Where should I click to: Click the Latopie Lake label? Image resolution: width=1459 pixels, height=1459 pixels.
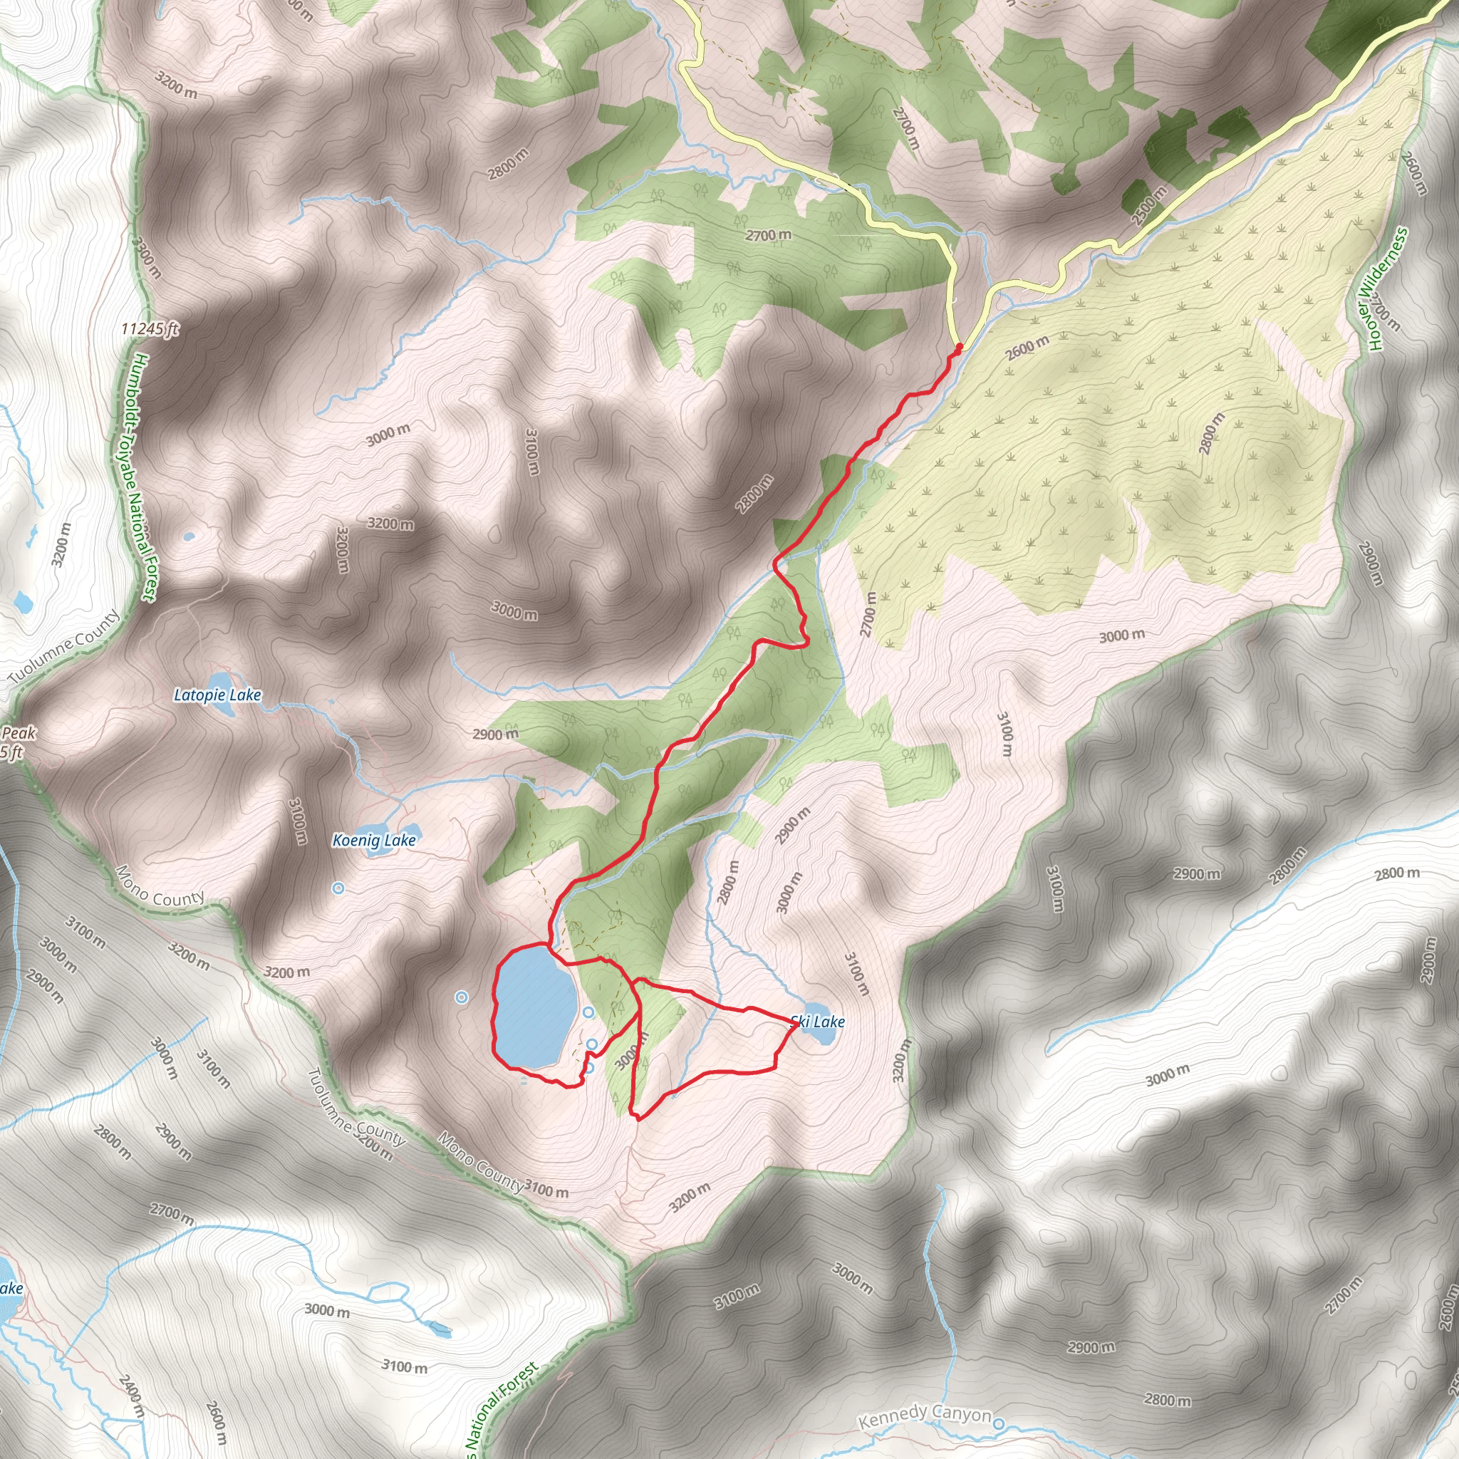(217, 695)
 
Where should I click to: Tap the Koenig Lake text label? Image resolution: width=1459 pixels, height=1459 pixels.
(374, 841)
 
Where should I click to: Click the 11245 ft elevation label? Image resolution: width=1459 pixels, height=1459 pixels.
(150, 329)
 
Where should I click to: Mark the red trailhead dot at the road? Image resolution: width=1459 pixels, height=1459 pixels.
(959, 348)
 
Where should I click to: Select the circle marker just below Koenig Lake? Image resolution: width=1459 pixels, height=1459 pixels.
(338, 889)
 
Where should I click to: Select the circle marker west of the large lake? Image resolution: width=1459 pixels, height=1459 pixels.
(462, 998)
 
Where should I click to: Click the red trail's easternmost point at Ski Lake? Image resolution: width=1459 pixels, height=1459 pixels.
(797, 1024)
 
